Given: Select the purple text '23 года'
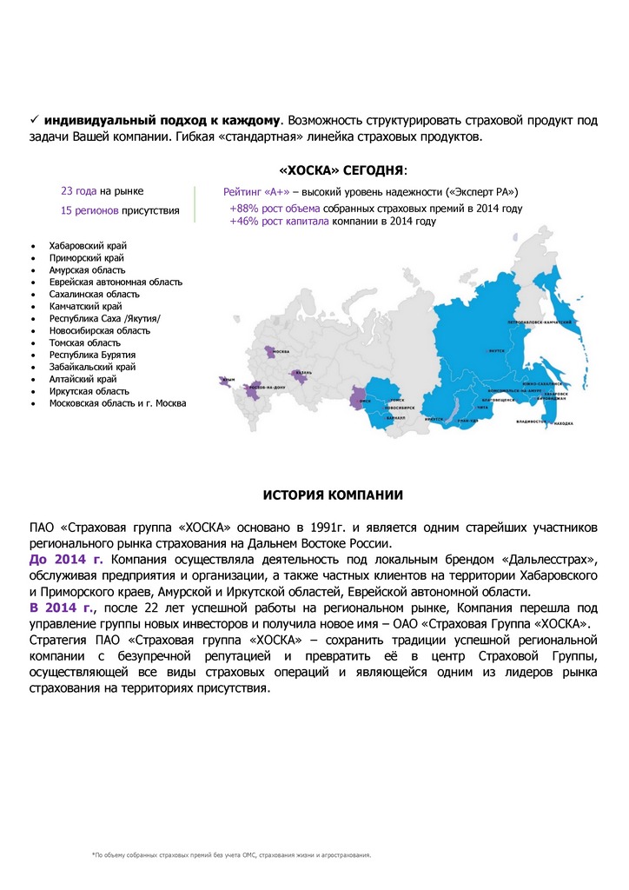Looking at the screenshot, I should click(78, 190).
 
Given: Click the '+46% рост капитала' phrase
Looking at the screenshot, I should click(279, 222).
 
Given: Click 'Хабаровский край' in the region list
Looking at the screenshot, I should click(88, 246).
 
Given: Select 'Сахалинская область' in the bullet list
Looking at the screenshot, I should click(94, 295).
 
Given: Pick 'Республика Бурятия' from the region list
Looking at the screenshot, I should click(92, 355).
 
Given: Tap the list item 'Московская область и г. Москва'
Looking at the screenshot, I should click(116, 403).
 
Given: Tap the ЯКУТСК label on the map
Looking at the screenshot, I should click(496, 351).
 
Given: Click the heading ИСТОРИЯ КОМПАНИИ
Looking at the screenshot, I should click(333, 495).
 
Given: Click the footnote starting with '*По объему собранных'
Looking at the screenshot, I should click(231, 855).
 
